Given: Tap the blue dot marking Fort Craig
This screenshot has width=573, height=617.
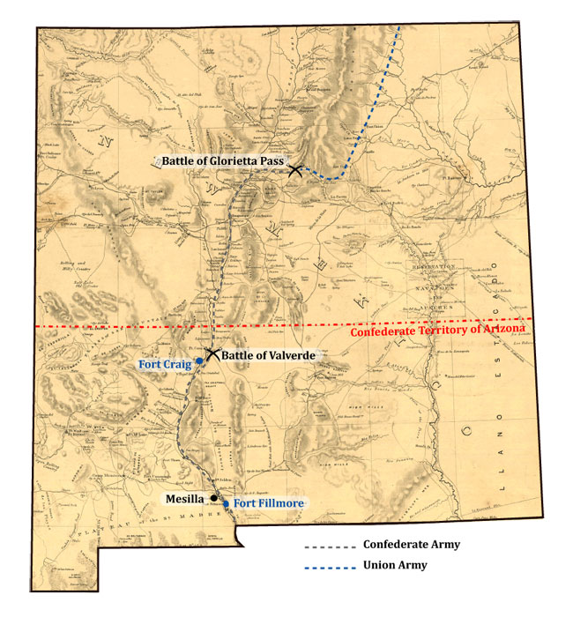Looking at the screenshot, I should [x=200, y=362].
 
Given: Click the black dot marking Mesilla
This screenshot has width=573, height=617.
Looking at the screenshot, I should [x=213, y=497].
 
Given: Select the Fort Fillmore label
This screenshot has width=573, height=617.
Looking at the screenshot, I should [x=269, y=503].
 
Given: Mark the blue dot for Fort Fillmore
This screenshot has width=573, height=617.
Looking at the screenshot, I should [x=227, y=503].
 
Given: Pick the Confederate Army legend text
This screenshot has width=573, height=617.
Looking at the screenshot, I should [x=411, y=545].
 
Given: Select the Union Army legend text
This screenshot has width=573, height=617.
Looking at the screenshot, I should [x=395, y=565].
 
